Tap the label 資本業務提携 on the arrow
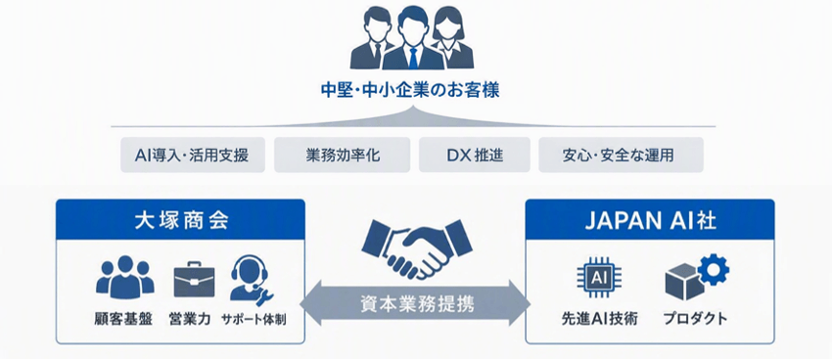[x=416, y=304]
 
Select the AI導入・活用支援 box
[x=193, y=155]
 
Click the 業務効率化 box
[x=343, y=155]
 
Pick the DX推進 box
[x=475, y=155]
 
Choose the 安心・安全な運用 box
[x=621, y=155]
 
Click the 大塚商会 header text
[x=180, y=220]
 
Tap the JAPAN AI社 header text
[x=650, y=220]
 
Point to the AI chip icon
[x=599, y=277]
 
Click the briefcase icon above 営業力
[x=194, y=279]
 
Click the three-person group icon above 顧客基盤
[x=125, y=276]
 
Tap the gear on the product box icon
[x=714, y=269]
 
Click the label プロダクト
[x=695, y=319]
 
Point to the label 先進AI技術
[x=600, y=319]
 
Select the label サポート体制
[x=254, y=320]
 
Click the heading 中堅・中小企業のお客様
[x=410, y=91]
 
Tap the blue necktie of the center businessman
[x=413, y=57]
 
